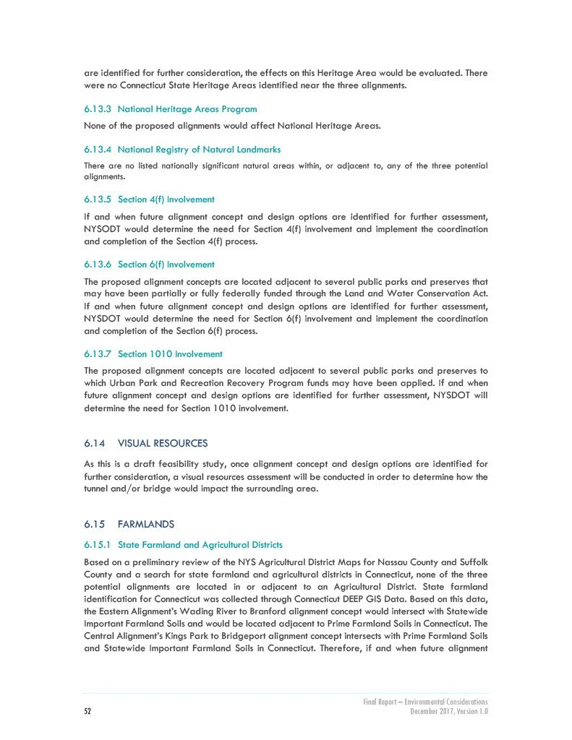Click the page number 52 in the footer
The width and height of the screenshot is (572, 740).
(x=87, y=711)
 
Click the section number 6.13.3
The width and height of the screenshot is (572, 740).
(x=98, y=110)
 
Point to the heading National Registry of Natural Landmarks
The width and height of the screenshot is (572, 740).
(x=199, y=150)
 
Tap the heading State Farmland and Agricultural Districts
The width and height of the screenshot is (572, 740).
(x=200, y=544)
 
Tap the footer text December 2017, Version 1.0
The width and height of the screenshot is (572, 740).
(x=449, y=711)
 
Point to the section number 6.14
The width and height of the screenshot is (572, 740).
(x=95, y=443)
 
